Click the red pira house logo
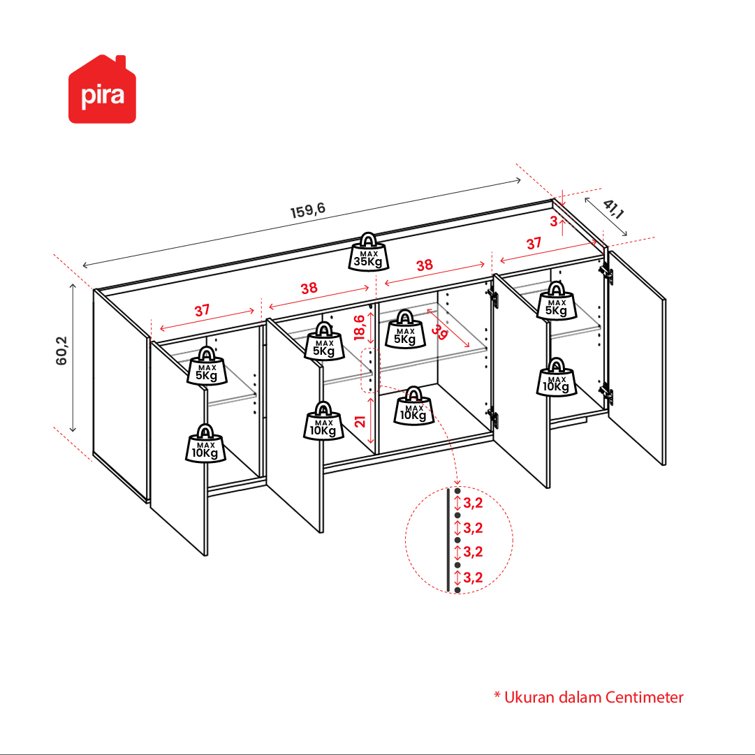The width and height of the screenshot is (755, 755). coord(102,89)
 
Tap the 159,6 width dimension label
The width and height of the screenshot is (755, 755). coord(308,210)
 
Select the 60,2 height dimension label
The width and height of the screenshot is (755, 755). coord(61,351)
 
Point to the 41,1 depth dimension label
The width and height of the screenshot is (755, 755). coord(613,209)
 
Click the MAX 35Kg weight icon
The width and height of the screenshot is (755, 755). coord(368,252)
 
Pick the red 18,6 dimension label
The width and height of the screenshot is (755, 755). coord(359,328)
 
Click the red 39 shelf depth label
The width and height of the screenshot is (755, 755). coord(439,332)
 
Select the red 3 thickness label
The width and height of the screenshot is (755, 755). coord(554,221)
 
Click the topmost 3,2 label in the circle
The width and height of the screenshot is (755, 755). coord(473,503)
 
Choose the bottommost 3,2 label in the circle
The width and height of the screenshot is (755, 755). coord(473,578)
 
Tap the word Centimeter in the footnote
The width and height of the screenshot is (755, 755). coord(644,697)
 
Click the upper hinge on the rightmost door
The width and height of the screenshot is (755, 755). coord(607,273)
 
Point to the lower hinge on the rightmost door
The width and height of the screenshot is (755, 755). coord(607,393)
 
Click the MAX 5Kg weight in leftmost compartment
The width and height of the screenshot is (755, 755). coord(207,366)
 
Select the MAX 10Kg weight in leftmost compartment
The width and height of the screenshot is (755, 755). coord(205,444)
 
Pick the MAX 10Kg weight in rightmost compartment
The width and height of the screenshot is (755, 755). coord(557,377)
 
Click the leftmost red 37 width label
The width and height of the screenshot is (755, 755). coord(203,310)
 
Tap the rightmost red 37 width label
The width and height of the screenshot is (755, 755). coord(534,244)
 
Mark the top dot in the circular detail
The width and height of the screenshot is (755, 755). coord(457,491)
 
